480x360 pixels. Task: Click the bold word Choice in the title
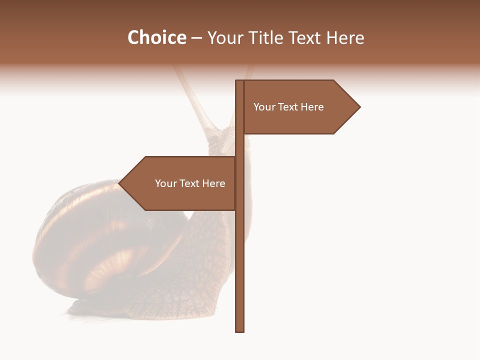[x=156, y=37]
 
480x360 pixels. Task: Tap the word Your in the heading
[x=224, y=38]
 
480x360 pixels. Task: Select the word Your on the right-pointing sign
[x=264, y=107]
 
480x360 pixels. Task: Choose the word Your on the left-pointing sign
[x=165, y=183]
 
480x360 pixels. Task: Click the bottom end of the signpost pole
[x=240, y=330]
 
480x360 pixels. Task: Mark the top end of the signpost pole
[x=240, y=81]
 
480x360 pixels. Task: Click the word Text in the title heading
[x=306, y=38]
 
